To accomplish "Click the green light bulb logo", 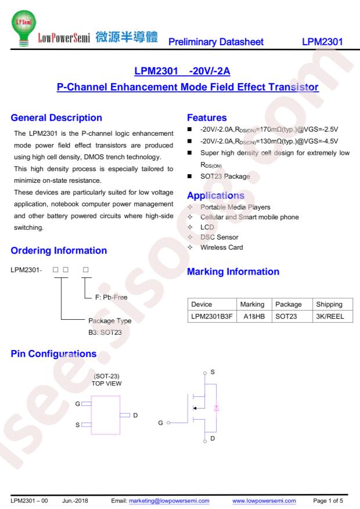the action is coord(23,28).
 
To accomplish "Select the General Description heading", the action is coord(56,117).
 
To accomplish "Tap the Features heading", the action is coord(207,117).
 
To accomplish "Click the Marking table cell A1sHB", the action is coord(254,316).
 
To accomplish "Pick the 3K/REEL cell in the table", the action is coord(330,316).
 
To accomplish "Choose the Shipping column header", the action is coord(329,304).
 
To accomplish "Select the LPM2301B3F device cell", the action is coord(212,316).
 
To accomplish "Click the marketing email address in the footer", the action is coord(169,501).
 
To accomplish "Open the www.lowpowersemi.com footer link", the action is coord(264,501).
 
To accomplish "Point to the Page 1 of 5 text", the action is coord(328,501).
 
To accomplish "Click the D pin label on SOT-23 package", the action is coord(135,415).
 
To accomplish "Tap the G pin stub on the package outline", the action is coord(87,404).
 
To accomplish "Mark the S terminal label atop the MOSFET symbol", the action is coord(213,372).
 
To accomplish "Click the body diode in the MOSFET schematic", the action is coord(217,408).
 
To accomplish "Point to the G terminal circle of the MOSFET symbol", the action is coord(168,423).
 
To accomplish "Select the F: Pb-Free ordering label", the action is coord(111,297).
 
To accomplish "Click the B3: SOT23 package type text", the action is coord(105,333).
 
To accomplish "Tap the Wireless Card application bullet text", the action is coord(221,247).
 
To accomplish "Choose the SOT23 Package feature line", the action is coord(225,176).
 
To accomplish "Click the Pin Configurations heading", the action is coord(53,354).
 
